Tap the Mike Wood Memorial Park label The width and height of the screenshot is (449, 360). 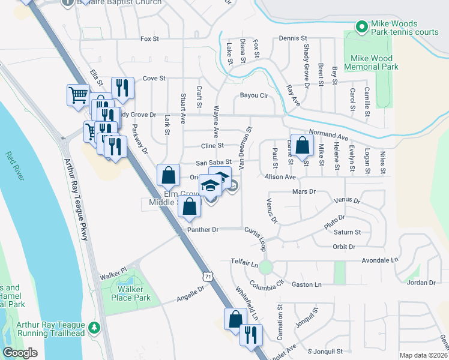(370, 62)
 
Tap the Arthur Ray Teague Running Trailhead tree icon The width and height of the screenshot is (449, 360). (93, 328)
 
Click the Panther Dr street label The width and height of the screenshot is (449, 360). (203, 229)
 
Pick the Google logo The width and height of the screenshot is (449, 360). (20, 352)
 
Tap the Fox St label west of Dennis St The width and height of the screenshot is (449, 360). (149, 39)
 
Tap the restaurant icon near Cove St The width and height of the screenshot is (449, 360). (123, 88)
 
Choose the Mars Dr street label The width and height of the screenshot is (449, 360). (303, 191)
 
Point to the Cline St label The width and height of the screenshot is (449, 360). (212, 145)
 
